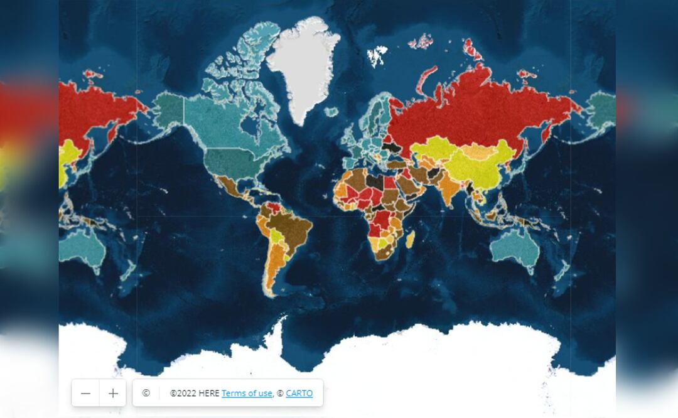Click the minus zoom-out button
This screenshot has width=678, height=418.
coord(86,394)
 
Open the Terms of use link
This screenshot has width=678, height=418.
coord(247,394)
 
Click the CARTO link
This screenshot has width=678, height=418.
coord(299,394)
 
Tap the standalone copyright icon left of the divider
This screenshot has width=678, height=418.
coord(146,393)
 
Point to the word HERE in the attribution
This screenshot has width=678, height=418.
coord(209,394)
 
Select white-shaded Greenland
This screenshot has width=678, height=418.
coord(301,69)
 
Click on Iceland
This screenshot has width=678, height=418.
coord(331,112)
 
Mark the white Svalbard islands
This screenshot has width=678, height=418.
coord(377,56)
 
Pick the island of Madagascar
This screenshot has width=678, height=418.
coord(411,239)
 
